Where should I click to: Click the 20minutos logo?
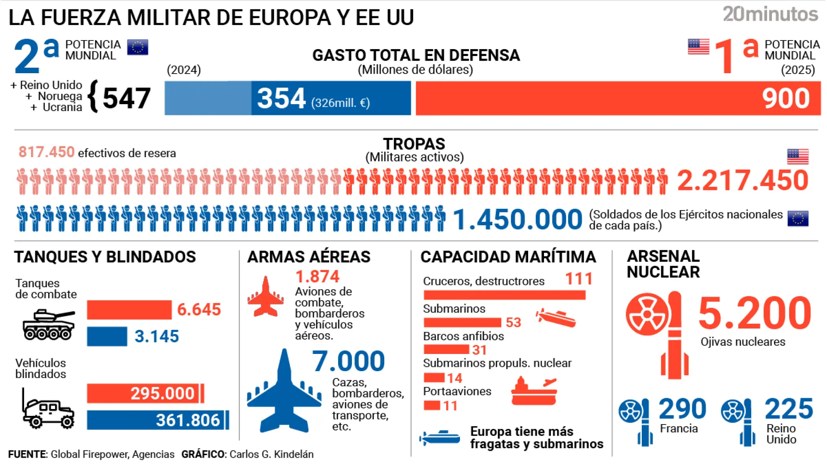click(x=770, y=14)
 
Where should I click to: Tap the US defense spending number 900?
click(x=786, y=98)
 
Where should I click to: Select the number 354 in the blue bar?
click(x=281, y=98)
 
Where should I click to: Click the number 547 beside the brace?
click(x=126, y=98)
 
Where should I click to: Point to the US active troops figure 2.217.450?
click(x=743, y=180)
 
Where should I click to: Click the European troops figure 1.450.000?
click(x=517, y=219)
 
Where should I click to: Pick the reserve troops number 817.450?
click(x=47, y=152)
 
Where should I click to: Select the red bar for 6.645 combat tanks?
click(x=129, y=310)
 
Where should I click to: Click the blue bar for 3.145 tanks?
click(x=107, y=336)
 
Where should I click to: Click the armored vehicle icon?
click(x=48, y=409)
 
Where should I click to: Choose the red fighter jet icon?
click(x=265, y=297)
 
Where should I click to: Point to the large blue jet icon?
click(x=284, y=393)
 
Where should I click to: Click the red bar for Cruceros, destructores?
click(x=504, y=295)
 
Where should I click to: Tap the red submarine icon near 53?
click(x=556, y=318)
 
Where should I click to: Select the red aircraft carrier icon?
click(x=534, y=391)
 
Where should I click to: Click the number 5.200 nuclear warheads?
click(x=755, y=313)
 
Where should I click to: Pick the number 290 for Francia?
click(x=682, y=409)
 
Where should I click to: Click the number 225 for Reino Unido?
click(x=789, y=409)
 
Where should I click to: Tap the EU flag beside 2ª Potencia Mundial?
click(x=137, y=47)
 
